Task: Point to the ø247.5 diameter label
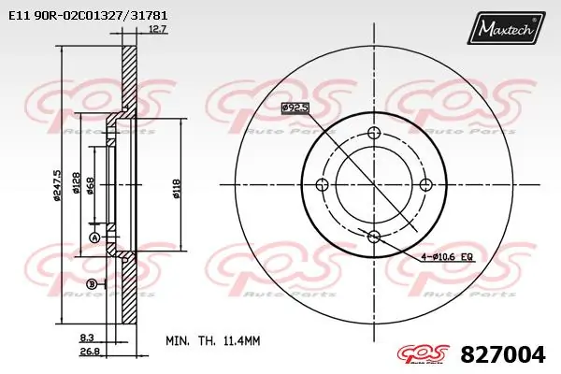point(58,185)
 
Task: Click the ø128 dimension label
point(75,185)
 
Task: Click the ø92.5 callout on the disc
point(295,109)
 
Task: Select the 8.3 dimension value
point(86,337)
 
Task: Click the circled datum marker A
point(93,238)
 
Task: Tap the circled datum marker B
point(92,283)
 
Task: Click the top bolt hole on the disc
point(374,131)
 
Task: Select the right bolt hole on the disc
point(426,183)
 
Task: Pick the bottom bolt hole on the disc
point(374,236)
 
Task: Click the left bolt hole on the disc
point(322,183)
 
